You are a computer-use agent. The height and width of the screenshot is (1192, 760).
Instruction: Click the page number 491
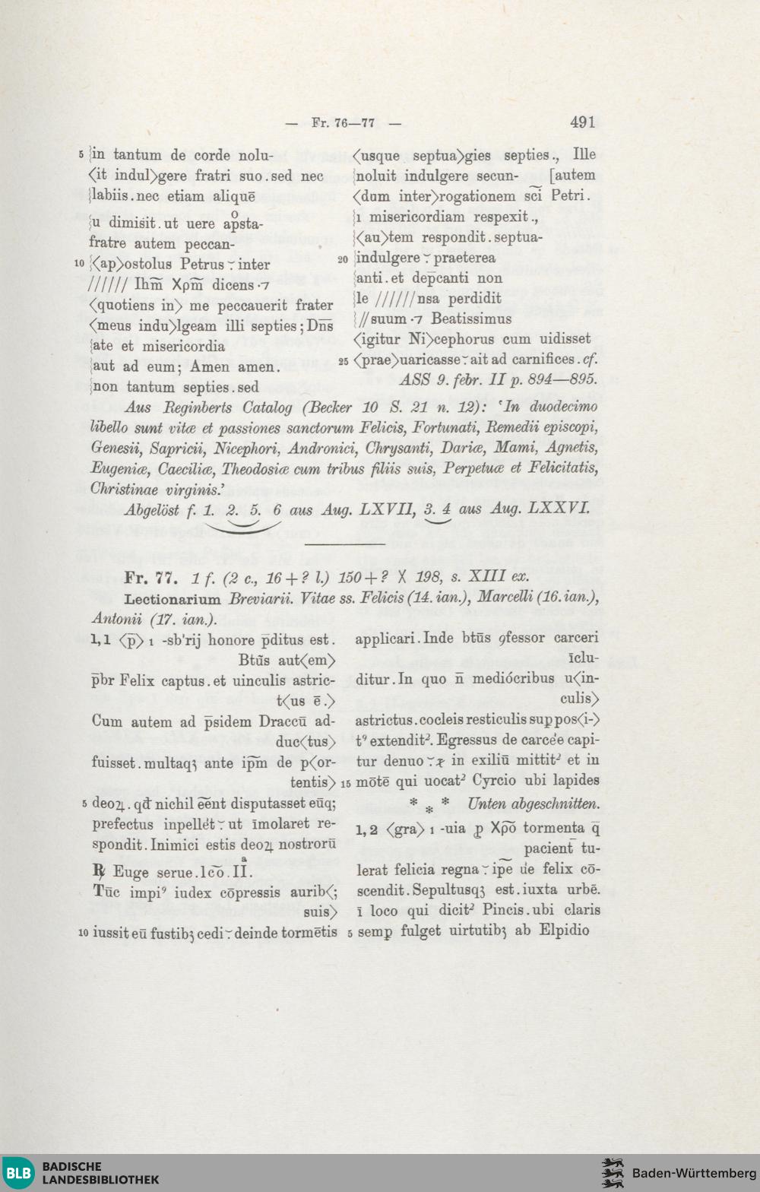582,122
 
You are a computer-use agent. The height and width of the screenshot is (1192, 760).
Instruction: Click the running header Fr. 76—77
343,122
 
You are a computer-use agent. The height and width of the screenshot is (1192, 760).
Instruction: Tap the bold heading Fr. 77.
151,578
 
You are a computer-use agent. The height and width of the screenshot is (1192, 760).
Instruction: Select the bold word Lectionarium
173,599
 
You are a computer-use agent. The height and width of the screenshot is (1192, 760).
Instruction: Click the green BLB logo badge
18,1172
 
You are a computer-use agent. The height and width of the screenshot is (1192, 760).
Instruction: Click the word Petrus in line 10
201,265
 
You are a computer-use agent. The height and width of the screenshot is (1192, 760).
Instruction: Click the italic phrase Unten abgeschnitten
533,804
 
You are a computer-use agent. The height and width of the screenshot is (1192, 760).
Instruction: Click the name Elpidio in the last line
564,930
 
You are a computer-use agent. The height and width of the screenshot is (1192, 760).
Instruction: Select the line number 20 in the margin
343,259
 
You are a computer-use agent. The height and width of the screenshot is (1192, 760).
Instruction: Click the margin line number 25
343,361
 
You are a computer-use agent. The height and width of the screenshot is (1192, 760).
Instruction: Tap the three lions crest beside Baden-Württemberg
613,1173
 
